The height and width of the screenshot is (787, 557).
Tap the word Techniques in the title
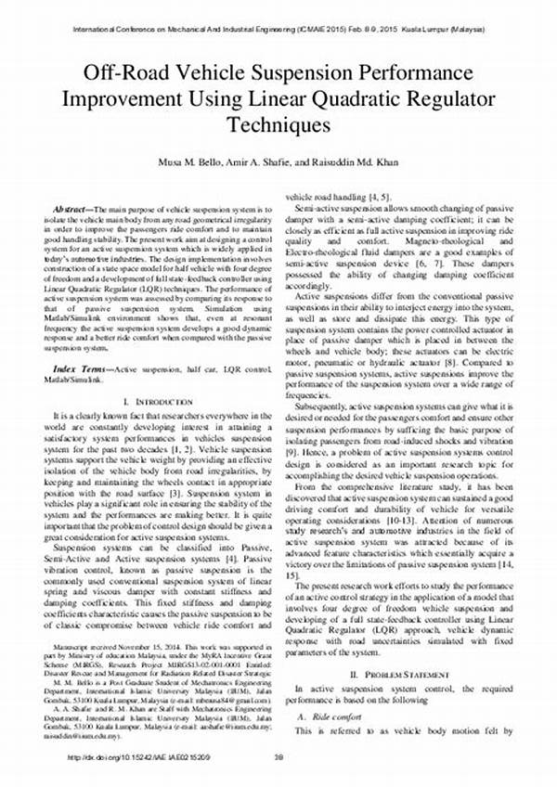(278, 123)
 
